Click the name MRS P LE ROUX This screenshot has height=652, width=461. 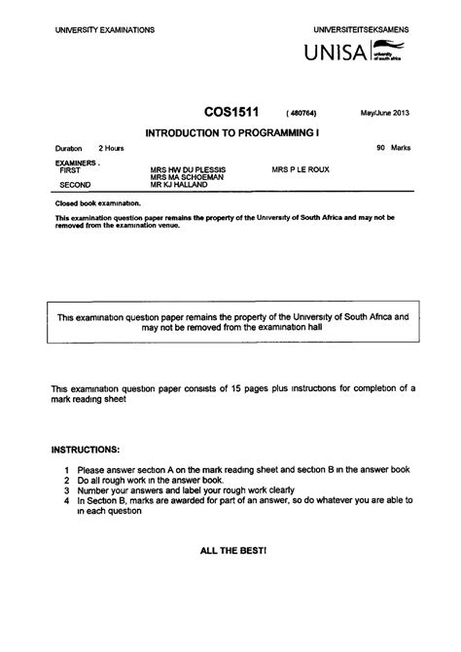301,169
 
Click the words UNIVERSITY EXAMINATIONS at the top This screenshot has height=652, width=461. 105,30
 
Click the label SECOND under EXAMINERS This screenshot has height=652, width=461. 77,184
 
